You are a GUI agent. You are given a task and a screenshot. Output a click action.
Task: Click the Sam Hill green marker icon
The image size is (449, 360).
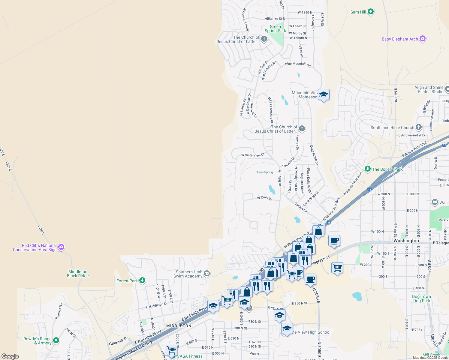point(371,12)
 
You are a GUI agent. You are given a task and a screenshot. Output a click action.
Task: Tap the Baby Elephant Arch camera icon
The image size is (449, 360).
point(423,39)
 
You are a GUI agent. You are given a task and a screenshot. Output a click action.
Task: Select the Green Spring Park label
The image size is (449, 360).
point(275,29)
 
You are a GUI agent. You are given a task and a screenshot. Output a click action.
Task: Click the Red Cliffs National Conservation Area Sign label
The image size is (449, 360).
point(35,247)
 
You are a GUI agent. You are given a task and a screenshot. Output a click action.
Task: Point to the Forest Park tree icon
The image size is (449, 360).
point(142,281)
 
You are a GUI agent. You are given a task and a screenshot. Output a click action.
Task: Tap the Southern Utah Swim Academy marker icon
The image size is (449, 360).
point(207,273)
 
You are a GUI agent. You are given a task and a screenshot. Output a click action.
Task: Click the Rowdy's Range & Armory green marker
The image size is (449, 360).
point(56,340)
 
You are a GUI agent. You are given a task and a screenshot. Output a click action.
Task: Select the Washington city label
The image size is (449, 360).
point(406,241)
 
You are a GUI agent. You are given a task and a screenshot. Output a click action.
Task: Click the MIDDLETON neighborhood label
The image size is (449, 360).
point(179,326)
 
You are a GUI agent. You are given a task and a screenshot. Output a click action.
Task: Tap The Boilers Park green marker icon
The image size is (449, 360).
point(368,169)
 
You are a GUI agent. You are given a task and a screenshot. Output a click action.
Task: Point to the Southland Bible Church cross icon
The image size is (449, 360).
point(419,127)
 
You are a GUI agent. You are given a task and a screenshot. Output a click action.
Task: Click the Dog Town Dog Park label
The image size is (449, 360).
point(421,298)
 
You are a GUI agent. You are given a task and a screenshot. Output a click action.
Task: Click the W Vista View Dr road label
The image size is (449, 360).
point(253,155)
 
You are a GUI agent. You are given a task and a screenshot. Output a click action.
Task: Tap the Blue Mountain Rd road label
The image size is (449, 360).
point(298,64)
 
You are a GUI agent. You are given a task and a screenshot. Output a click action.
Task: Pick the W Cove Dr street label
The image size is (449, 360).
point(264,198)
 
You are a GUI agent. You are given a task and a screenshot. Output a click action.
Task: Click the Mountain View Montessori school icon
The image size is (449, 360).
point(324,95)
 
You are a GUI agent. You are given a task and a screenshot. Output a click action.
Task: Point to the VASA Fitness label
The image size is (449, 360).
point(190,356)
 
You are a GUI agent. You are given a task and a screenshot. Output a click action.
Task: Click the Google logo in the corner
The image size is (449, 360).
point(10,356)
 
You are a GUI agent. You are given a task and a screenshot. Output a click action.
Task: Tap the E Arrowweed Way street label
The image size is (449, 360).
point(411,135)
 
